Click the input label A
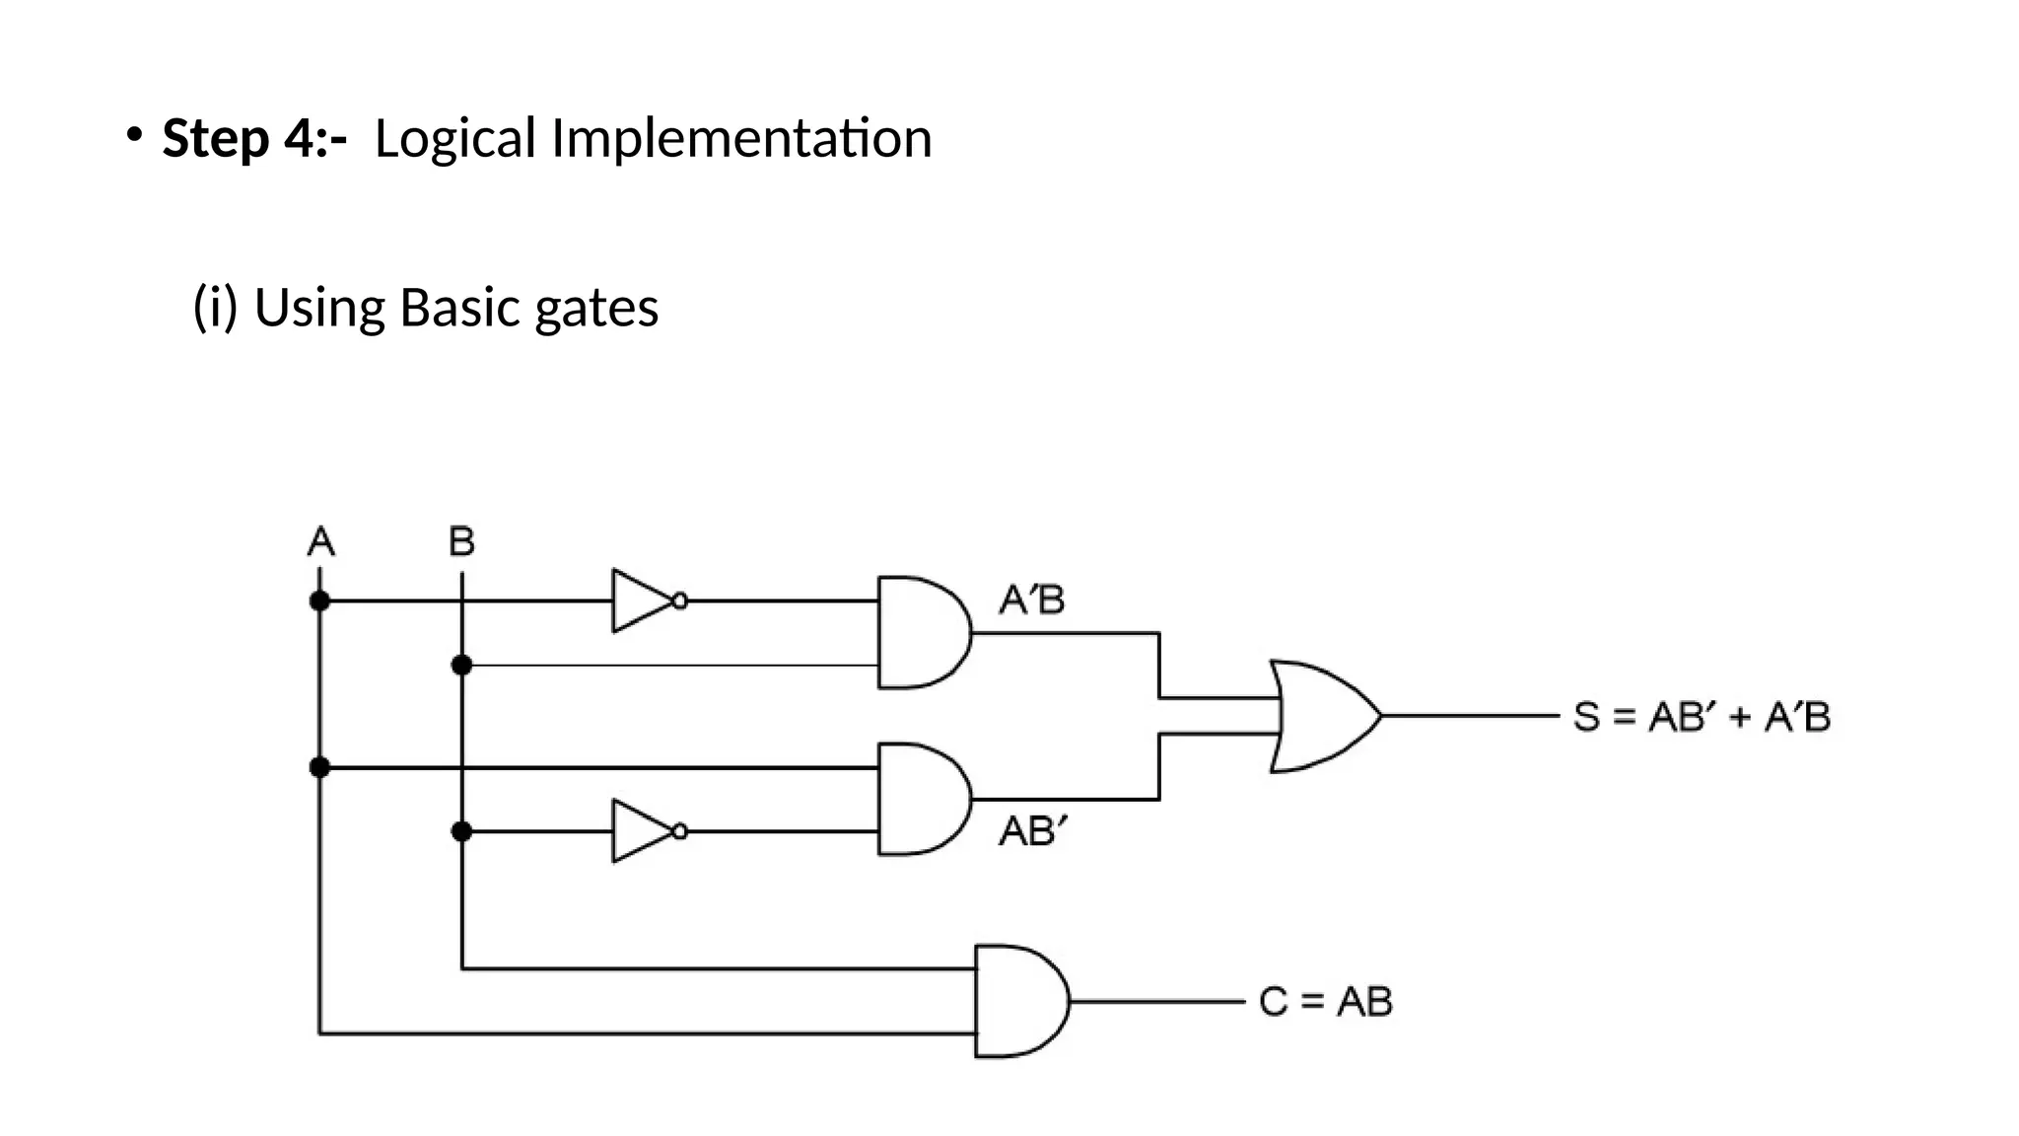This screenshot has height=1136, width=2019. (x=321, y=541)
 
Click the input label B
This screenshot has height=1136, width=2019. (x=461, y=541)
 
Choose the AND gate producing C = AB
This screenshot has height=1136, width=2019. (x=1018, y=1001)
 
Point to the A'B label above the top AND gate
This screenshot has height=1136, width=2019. (x=1031, y=600)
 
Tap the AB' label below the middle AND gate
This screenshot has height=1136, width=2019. (x=1032, y=831)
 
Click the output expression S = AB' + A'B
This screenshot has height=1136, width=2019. (x=1702, y=717)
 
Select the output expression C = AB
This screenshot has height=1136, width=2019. (x=1325, y=1002)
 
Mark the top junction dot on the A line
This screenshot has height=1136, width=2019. (x=319, y=601)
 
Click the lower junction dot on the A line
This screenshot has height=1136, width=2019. (x=319, y=767)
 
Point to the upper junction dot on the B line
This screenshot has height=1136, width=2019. (x=461, y=666)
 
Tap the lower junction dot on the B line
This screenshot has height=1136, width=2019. (x=461, y=831)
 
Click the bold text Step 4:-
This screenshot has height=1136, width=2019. (x=254, y=138)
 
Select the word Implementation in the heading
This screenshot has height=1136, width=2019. (x=740, y=138)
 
